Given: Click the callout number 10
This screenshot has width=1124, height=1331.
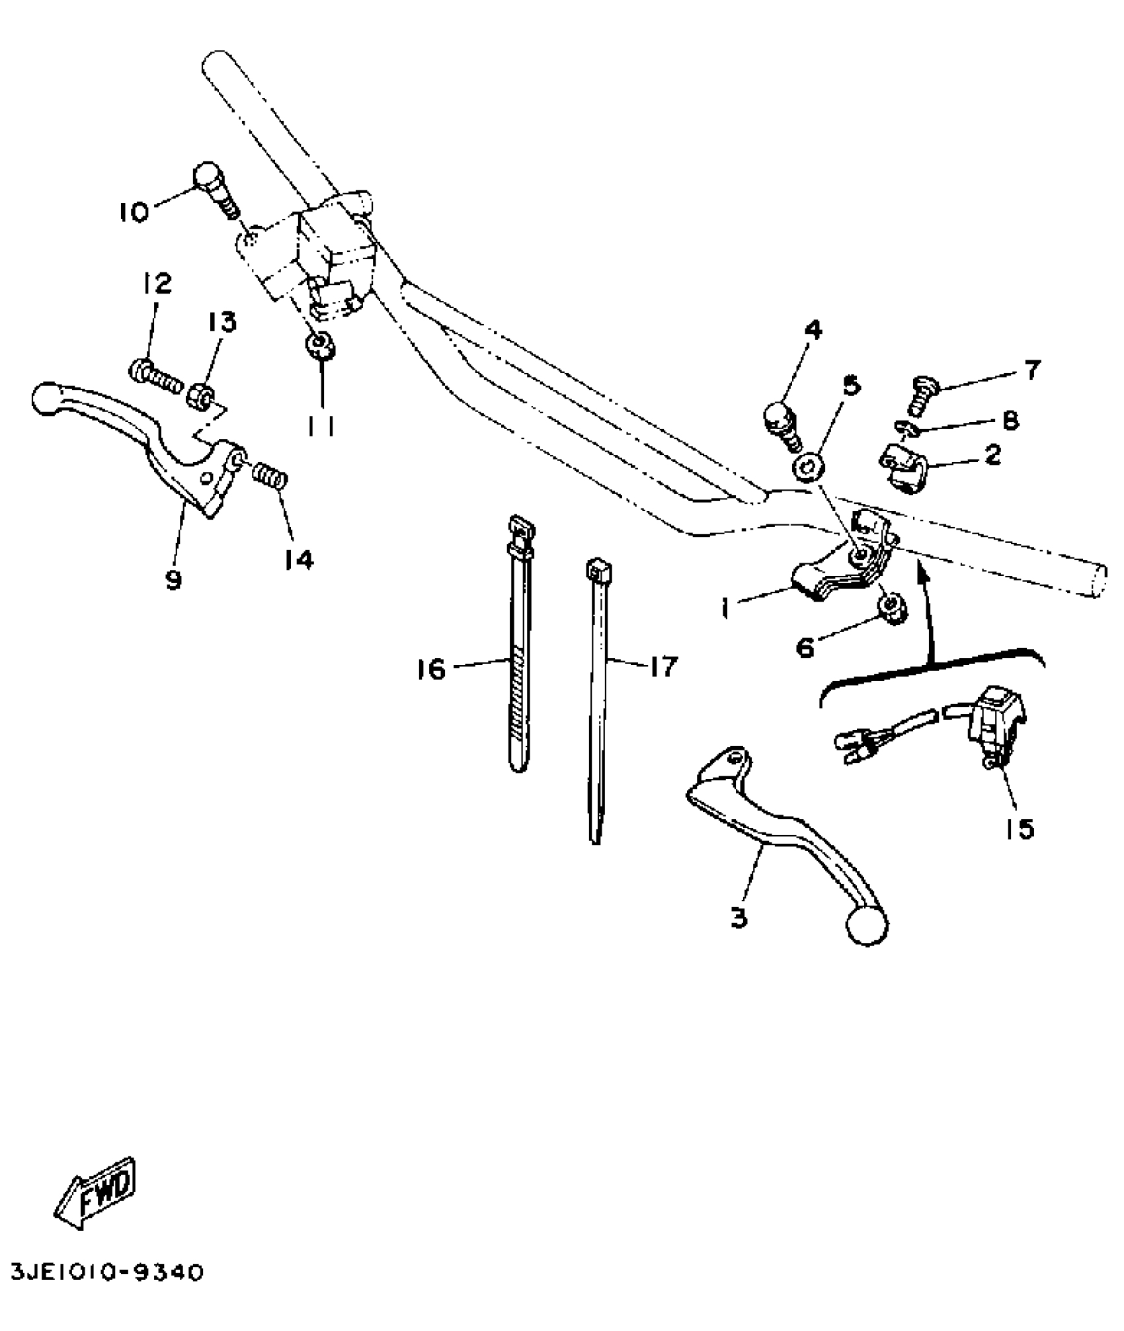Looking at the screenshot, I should (x=134, y=212).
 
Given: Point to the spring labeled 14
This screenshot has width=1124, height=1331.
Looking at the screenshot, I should (x=269, y=475).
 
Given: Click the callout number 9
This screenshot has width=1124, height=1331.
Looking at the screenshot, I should (x=173, y=581).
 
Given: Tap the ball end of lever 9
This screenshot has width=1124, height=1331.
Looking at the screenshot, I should (x=46, y=400).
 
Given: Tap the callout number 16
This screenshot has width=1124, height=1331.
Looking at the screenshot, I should (x=431, y=670).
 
